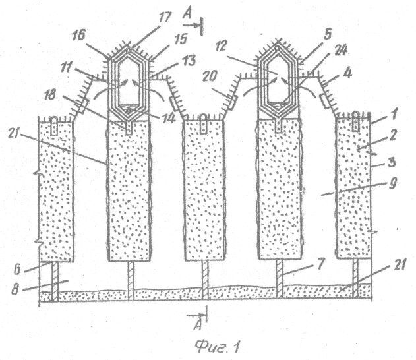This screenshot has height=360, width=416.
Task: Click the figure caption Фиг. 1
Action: [216, 343]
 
